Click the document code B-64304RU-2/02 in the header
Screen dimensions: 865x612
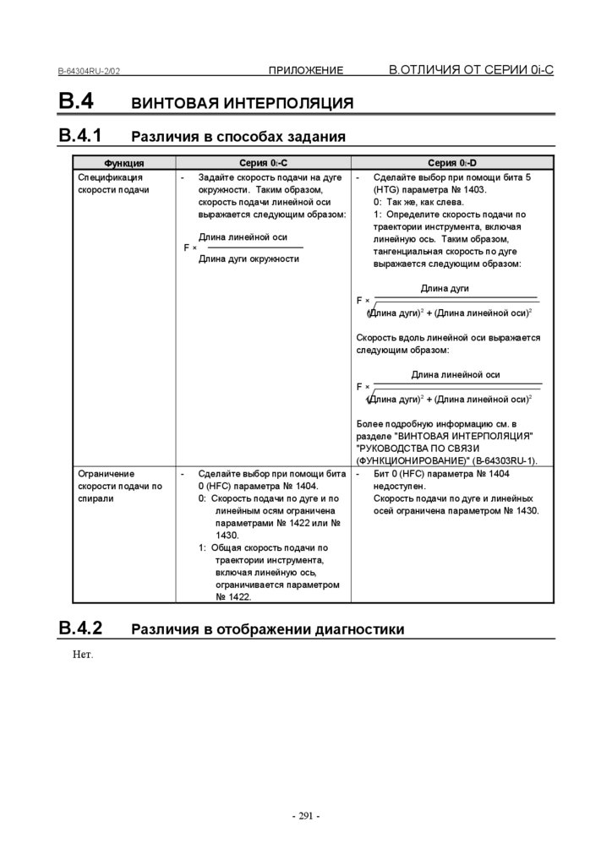click(89, 72)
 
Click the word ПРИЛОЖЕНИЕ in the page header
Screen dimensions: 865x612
click(306, 70)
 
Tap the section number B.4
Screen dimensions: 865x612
click(75, 101)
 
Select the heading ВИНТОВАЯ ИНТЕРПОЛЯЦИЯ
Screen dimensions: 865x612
click(243, 104)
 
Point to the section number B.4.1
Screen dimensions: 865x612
click(80, 135)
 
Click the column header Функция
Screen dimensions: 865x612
click(123, 163)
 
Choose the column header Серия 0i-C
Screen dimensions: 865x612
click(263, 163)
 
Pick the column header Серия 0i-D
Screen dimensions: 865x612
click(452, 163)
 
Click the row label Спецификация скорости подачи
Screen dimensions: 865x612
click(112, 184)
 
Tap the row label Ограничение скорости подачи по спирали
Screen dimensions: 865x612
click(119, 486)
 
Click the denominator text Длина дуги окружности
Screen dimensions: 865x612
click(249, 258)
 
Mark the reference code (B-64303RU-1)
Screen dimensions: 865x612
click(496, 461)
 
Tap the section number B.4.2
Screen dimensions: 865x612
click(80, 628)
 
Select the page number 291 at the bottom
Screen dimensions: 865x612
click(305, 816)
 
